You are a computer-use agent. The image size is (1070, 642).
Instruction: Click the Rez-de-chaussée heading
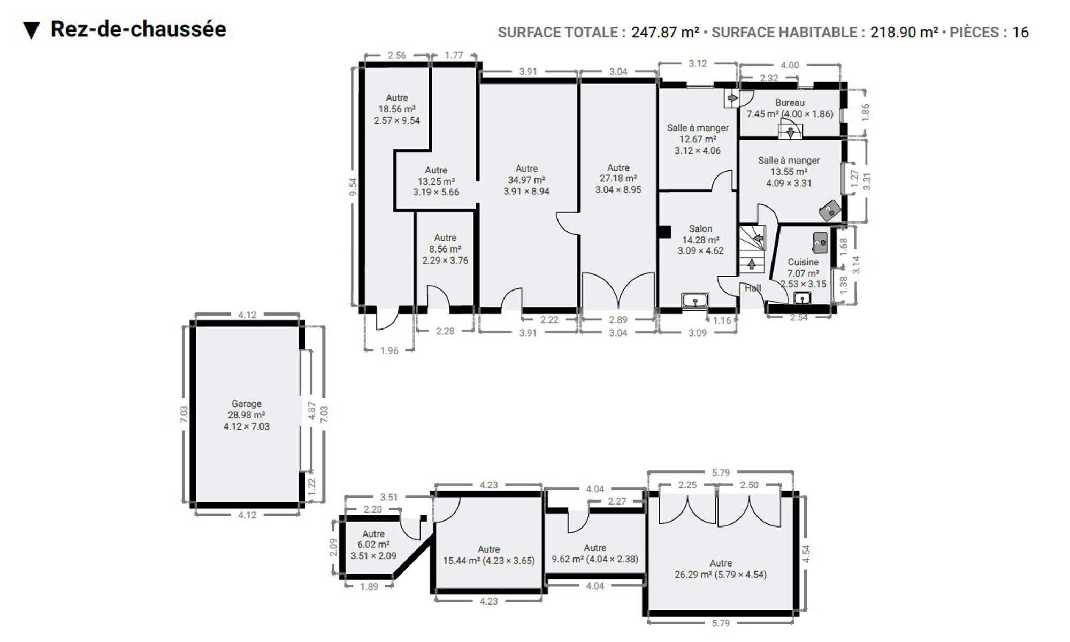pyautogui.click(x=138, y=29)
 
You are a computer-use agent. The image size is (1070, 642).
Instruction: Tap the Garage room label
pyautogui.click(x=247, y=403)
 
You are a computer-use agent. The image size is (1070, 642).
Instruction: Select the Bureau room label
pyautogui.click(x=790, y=102)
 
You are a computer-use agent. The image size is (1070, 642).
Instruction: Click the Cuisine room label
pyautogui.click(x=803, y=262)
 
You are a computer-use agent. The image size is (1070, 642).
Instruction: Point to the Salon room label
pyautogui.click(x=700, y=228)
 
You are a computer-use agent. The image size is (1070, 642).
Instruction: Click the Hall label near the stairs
pyautogui.click(x=753, y=288)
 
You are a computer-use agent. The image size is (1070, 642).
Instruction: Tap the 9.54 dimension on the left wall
pyautogui.click(x=353, y=186)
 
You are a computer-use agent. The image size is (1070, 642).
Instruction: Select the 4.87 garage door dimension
pyautogui.click(x=312, y=411)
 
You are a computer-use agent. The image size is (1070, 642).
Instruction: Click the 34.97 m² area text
pyautogui.click(x=526, y=180)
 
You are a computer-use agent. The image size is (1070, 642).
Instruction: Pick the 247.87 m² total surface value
pyautogui.click(x=665, y=32)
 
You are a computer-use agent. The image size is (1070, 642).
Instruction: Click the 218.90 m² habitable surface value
pyautogui.click(x=904, y=32)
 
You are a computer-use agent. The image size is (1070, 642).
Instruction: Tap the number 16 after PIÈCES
pyautogui.click(x=1020, y=32)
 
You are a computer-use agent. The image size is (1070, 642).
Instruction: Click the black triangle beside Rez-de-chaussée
pyautogui.click(x=32, y=30)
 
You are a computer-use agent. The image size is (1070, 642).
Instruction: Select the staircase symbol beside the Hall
pyautogui.click(x=752, y=249)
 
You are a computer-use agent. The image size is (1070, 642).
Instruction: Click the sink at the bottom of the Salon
pyautogui.click(x=695, y=301)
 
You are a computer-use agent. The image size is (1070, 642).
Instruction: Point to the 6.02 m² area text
pyautogui.click(x=373, y=545)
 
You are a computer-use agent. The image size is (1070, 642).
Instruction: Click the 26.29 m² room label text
pyautogui.click(x=721, y=575)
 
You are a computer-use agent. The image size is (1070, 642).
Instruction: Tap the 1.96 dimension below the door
pyautogui.click(x=389, y=351)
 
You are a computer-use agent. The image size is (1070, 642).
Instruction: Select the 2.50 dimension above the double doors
pyautogui.click(x=749, y=485)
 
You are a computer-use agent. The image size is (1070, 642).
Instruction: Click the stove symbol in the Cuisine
pyautogui.click(x=820, y=242)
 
